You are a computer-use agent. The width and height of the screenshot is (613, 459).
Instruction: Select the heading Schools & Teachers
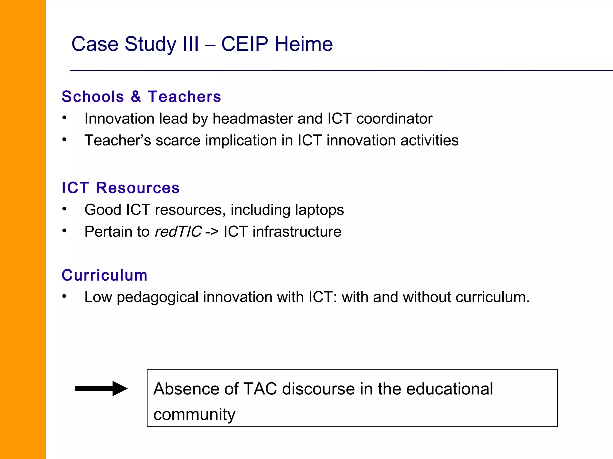[x=141, y=97]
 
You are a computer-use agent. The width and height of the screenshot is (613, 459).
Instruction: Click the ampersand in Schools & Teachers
[x=136, y=97]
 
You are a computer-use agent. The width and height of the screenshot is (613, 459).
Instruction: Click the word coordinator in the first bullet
[x=394, y=119]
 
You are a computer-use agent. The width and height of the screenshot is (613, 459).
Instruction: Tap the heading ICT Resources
[x=120, y=188]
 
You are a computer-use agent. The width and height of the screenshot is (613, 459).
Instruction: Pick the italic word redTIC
[x=178, y=232]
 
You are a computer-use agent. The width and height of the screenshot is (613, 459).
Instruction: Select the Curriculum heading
[x=104, y=275]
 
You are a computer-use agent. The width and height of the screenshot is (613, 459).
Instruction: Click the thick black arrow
[x=101, y=388]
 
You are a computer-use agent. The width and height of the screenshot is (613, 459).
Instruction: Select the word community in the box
[x=194, y=415]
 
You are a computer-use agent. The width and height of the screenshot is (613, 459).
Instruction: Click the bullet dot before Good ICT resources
[x=64, y=209]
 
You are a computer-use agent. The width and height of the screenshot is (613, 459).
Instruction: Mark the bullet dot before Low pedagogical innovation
[x=64, y=296]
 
